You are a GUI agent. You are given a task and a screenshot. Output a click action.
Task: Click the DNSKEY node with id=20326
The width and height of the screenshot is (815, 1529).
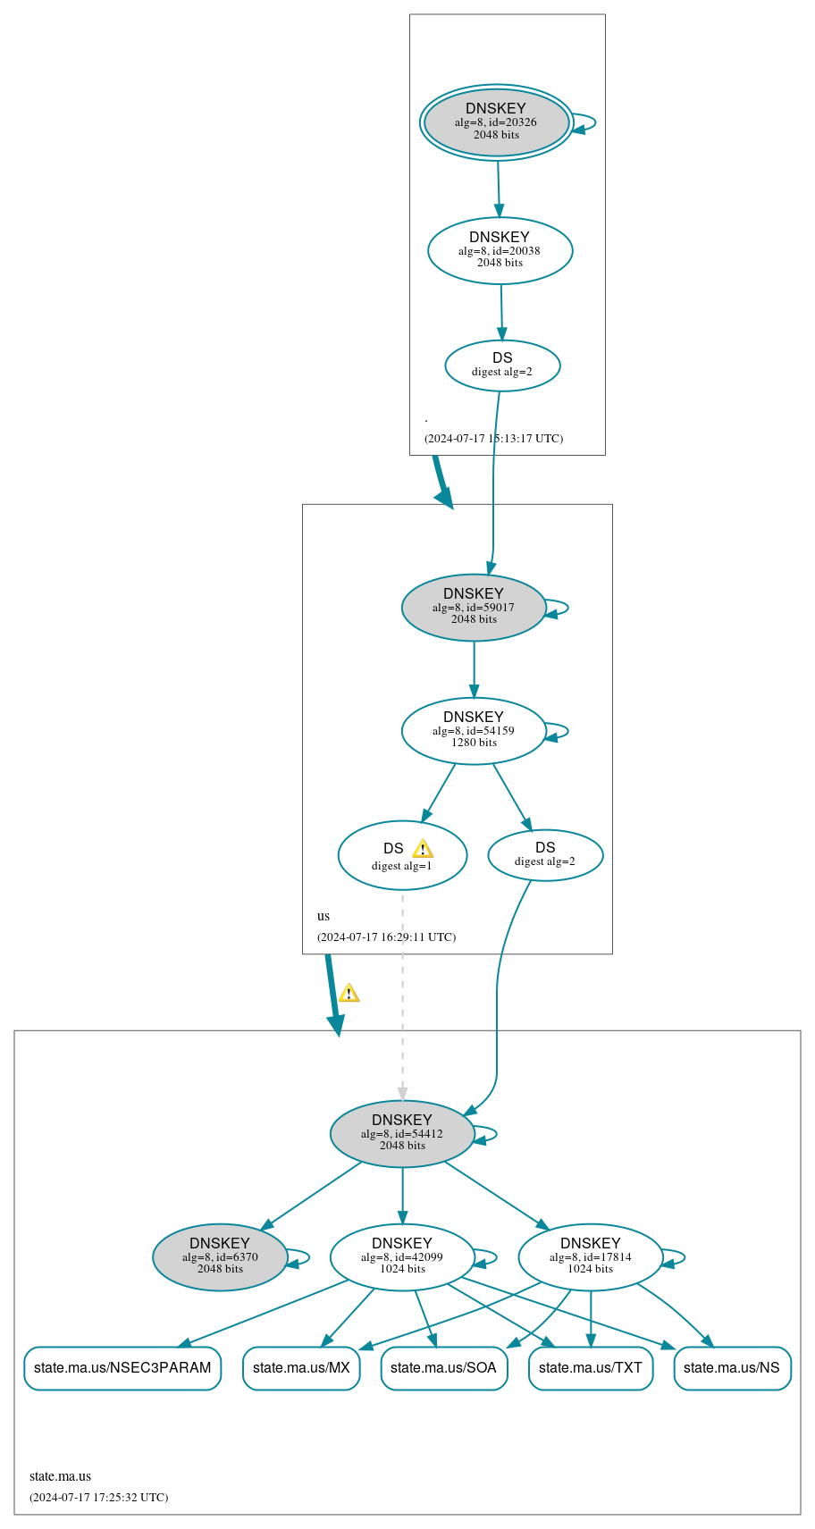496,122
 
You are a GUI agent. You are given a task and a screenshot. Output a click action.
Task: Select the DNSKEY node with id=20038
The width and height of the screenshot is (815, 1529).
500,250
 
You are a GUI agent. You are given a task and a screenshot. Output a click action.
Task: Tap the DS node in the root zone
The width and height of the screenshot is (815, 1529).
502,365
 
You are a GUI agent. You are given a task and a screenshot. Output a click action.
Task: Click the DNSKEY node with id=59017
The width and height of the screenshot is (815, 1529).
474,608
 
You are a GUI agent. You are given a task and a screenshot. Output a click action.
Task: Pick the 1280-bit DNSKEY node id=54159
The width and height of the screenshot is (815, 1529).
474,731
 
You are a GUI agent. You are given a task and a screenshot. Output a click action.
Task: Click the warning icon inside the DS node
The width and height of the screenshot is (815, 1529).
423,849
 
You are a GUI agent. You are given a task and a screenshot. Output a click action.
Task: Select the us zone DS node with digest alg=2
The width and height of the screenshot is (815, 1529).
545,855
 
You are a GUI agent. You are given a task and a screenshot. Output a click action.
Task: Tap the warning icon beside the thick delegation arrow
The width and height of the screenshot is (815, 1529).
349,993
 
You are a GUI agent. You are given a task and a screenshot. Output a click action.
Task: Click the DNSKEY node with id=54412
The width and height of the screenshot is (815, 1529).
402,1133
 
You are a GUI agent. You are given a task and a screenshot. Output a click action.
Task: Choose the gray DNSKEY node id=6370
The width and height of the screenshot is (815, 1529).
220,1257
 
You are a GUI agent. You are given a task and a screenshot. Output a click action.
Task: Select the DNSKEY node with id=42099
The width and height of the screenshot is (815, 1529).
402,1257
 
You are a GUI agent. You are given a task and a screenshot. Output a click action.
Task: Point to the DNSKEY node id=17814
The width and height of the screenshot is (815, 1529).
590,1257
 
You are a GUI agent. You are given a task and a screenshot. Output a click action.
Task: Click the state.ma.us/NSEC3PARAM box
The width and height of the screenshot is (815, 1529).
122,1368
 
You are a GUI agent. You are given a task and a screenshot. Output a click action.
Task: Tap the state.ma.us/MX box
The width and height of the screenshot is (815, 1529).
301,1368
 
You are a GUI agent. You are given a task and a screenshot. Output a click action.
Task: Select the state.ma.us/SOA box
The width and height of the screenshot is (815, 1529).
443,1368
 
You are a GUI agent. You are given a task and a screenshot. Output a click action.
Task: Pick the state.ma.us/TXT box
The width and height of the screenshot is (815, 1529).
590,1368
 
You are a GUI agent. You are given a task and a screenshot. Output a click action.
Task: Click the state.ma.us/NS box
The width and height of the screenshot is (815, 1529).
731,1368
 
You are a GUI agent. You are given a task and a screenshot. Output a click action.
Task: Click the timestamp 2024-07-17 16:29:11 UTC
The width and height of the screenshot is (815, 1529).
386,937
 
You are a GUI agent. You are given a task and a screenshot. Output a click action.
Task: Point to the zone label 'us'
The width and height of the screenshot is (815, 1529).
323,916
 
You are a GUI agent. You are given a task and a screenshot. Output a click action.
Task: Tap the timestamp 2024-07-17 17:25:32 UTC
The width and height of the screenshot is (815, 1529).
98,1497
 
